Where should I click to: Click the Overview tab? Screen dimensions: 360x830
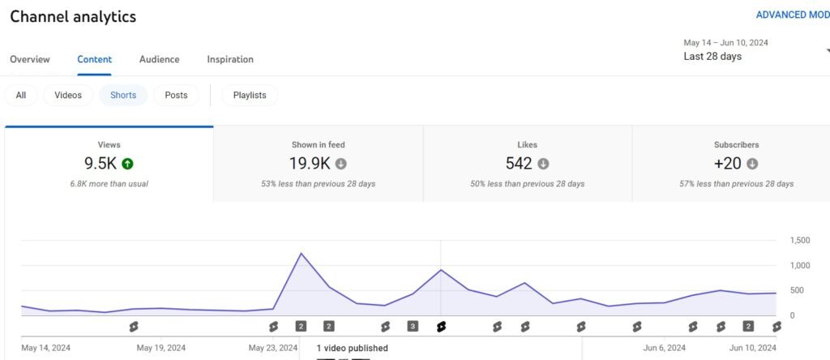click(30, 59)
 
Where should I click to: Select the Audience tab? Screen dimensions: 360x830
click(160, 59)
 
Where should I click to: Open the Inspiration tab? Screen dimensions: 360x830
click(230, 59)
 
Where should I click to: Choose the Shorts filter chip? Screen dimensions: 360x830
click(123, 95)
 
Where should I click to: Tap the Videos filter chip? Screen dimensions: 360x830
click(68, 95)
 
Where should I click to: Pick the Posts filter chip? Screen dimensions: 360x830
click(176, 95)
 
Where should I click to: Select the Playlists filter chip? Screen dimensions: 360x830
click(250, 95)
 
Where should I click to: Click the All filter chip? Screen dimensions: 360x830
click(21, 95)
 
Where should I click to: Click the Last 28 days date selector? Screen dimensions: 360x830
click(712, 57)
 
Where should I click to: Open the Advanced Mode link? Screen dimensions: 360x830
click(792, 15)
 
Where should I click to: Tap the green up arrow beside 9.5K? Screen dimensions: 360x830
click(127, 164)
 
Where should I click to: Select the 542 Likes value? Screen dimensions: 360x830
click(519, 164)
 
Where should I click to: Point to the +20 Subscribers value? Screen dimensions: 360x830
click(728, 164)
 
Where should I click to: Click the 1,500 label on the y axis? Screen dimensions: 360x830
click(799, 241)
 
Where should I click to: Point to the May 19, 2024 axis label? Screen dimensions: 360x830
click(161, 348)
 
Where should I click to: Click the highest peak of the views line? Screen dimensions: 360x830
click(302, 254)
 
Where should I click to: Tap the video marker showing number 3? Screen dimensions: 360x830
click(413, 326)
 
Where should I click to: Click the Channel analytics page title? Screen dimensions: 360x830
click(73, 16)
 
